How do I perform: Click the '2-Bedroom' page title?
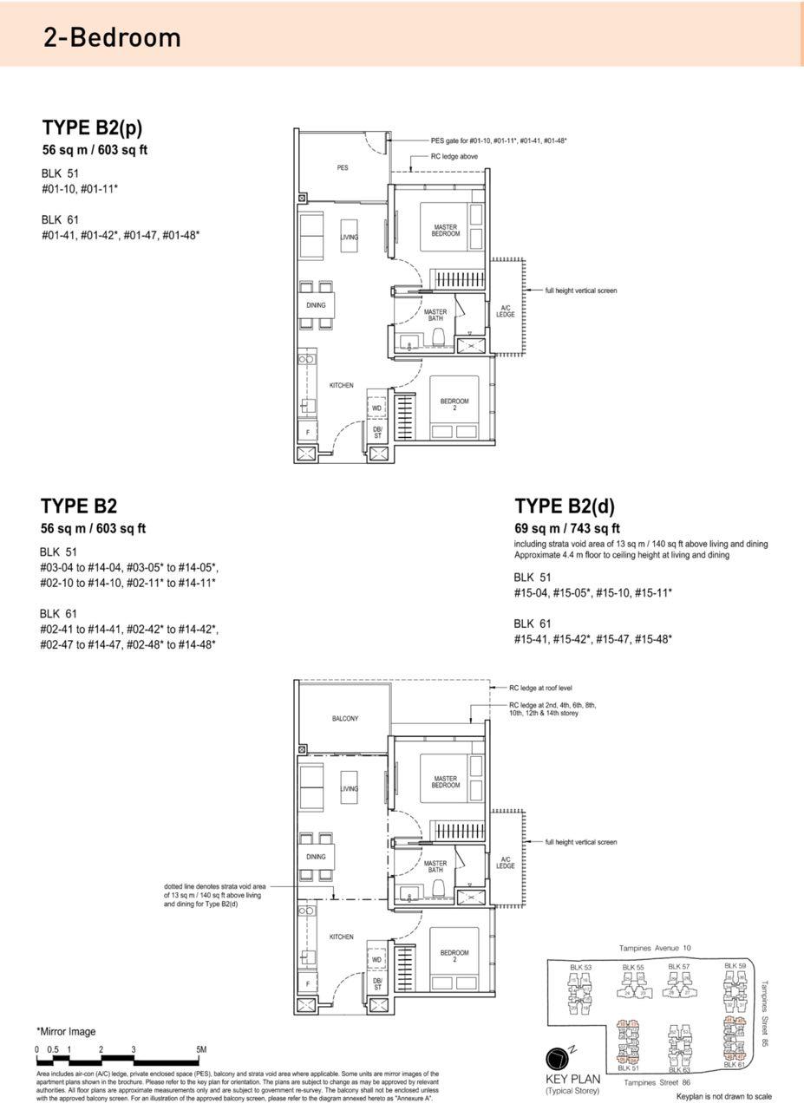pos(112,37)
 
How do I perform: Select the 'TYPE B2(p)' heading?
pos(92,128)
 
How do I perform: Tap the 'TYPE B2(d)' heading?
pos(565,506)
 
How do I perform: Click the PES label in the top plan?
pos(343,167)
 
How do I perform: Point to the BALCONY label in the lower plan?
pos(344,719)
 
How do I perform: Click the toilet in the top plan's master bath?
pos(438,336)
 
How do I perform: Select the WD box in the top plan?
pos(376,408)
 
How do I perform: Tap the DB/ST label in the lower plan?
pos(376,984)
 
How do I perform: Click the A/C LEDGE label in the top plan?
pos(506,311)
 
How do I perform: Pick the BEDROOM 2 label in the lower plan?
pos(454,956)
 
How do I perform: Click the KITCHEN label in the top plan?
pos(341,385)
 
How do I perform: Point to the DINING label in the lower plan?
pos(316,857)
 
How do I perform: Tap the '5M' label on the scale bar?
pos(201,1049)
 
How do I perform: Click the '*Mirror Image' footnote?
pos(66,1032)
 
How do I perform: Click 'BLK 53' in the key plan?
pos(580,968)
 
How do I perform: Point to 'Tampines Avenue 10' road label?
pos(656,948)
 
